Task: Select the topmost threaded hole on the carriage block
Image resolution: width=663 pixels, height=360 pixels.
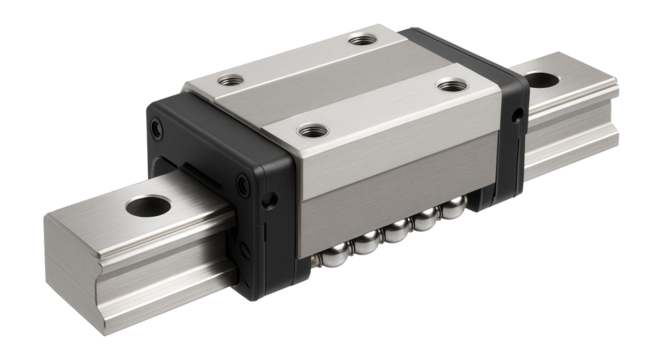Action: pos(357,41)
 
